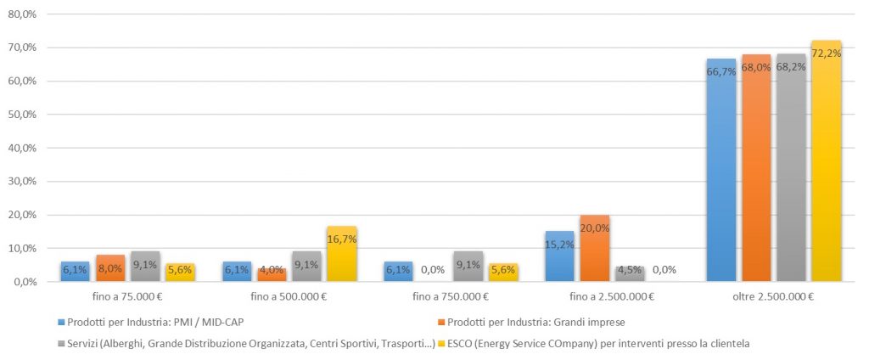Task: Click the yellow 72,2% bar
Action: [827, 160]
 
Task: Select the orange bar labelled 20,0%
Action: [595, 249]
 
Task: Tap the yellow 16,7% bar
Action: [342, 254]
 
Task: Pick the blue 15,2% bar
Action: [560, 256]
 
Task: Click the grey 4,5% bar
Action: [631, 274]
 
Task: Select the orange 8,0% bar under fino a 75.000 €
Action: [110, 268]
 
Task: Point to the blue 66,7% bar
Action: [721, 171]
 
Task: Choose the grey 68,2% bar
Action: [792, 167]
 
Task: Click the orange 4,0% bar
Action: [272, 275]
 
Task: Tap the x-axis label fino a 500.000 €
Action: [289, 297]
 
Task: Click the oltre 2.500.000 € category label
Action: [774, 297]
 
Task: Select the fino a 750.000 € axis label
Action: [450, 297]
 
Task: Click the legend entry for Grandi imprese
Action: [531, 322]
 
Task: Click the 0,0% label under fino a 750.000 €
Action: [433, 270]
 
